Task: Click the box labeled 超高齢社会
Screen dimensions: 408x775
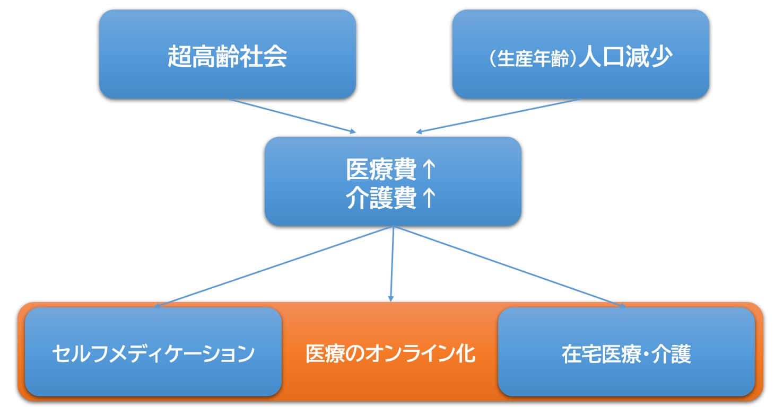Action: (x=227, y=55)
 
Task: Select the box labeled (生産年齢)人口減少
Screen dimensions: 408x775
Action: (x=580, y=55)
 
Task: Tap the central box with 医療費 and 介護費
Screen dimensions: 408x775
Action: (x=393, y=182)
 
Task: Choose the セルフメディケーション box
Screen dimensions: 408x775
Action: (x=153, y=352)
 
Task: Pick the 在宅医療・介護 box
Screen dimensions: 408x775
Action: (x=626, y=352)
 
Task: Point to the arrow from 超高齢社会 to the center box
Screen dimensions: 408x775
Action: (x=292, y=115)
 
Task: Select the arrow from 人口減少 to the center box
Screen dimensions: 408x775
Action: (x=499, y=115)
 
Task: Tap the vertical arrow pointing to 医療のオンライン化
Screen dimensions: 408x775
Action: (x=392, y=265)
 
